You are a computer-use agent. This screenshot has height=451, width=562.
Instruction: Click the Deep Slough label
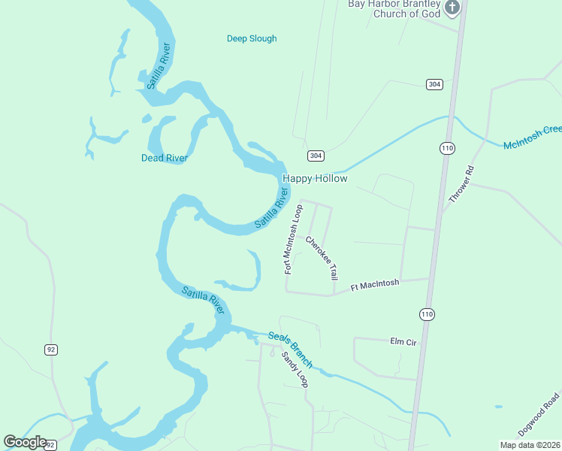point(252,38)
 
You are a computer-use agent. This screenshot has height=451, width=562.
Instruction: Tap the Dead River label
point(164,158)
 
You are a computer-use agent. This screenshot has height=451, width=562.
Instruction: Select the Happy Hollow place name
point(315,179)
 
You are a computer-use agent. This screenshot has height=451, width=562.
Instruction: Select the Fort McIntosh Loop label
point(292,241)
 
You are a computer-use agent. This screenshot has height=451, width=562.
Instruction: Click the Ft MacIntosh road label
point(375,286)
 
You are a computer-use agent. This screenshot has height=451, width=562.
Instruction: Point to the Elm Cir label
point(403,341)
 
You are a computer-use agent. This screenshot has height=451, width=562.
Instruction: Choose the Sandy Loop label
point(295,369)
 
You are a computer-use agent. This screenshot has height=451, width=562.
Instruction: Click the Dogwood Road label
point(539,414)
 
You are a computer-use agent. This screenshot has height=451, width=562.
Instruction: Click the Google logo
point(25,442)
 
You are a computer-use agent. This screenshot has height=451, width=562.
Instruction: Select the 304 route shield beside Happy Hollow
point(316,156)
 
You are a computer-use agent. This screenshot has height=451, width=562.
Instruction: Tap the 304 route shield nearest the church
point(434,84)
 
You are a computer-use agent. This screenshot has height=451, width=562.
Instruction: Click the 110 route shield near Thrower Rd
point(448,148)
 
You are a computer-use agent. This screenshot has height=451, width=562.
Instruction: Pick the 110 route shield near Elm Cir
point(427,313)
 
